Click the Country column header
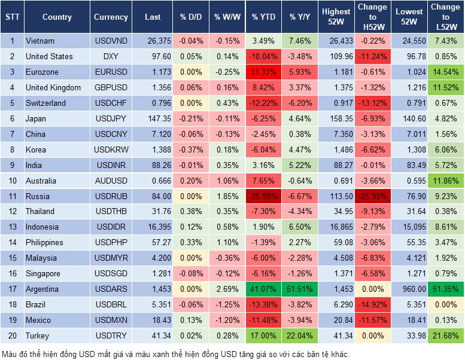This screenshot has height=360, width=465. coord(57,17)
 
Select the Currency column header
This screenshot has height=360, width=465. coord(111,17)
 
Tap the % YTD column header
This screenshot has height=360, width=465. coord(263,17)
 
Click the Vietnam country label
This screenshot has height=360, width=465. coord(40,41)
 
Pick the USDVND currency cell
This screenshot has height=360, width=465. coord(111,41)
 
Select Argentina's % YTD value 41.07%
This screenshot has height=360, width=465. coord(263,289)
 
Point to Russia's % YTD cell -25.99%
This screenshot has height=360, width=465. coord(263,196)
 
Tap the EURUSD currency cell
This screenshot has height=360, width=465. coord(111,72)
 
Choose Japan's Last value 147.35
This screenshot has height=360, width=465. coord(159,119)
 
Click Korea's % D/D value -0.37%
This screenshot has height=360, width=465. coord(190,150)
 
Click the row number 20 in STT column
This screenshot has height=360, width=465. coord(11,336)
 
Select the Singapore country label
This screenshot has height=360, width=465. coord(43,274)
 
